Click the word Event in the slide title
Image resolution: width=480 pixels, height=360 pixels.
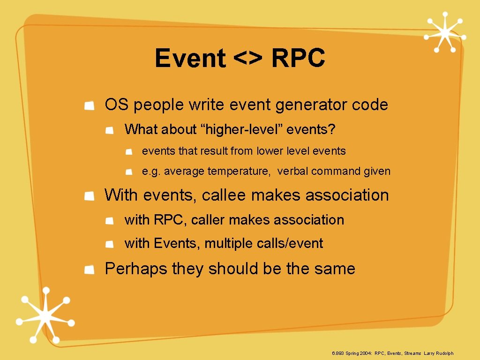click(190, 59)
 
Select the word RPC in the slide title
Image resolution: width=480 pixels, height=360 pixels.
click(298, 59)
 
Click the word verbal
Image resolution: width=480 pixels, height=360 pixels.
click(292, 171)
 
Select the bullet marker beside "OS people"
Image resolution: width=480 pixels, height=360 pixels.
click(90, 105)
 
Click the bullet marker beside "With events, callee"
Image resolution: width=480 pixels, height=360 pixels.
click(90, 196)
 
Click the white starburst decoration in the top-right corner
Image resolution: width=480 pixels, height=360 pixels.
click(444, 32)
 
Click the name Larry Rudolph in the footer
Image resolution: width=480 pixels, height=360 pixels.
click(439, 353)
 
